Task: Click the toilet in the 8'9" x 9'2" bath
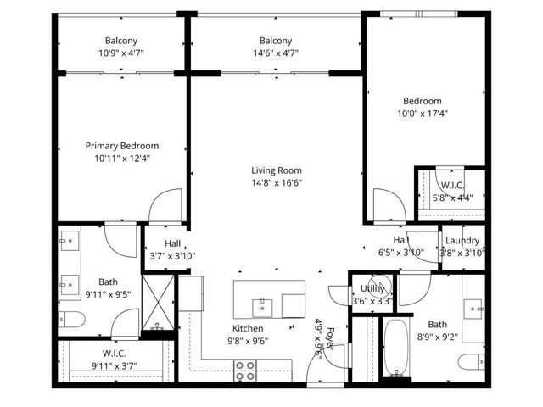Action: click(469, 362)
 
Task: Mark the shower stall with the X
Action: click(155, 300)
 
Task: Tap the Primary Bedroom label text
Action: click(122, 146)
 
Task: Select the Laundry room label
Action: click(462, 241)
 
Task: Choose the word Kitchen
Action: click(248, 328)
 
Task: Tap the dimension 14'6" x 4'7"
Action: click(276, 53)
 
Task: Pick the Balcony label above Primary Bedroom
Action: click(121, 41)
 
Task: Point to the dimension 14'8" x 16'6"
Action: click(276, 181)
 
